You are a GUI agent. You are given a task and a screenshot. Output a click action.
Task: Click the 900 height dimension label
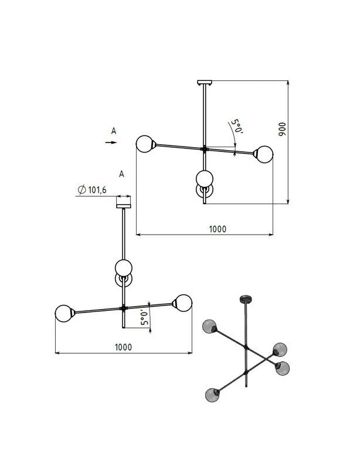282,129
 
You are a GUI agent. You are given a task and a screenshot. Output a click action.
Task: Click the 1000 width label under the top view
218,229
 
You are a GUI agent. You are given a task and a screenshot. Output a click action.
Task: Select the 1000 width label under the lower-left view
124,347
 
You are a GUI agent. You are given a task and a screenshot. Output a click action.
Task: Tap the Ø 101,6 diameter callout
92,190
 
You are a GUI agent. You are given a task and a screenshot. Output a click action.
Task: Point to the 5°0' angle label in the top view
237,127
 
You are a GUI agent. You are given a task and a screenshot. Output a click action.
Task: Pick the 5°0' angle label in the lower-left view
145,317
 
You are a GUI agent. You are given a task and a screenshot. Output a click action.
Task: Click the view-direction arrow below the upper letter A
111,142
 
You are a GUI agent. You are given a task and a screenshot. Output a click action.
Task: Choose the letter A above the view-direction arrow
114,131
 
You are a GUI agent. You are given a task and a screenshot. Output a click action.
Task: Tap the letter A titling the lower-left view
121,174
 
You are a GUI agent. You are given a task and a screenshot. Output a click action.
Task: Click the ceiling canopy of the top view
205,82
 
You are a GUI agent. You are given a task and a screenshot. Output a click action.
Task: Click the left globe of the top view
144,144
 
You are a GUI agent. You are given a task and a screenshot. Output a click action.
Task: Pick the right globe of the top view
264,154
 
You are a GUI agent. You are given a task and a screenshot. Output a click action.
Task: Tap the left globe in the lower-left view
63,313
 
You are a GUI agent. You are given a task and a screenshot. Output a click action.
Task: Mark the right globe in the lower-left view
183,303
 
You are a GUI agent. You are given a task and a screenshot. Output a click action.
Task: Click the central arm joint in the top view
205,149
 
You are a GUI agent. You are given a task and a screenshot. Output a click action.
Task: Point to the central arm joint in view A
124,308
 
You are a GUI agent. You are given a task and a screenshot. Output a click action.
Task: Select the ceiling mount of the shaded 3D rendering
246,299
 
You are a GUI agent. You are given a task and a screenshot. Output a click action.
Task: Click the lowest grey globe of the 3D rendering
212,395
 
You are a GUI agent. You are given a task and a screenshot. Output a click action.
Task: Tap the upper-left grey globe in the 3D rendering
209,327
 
